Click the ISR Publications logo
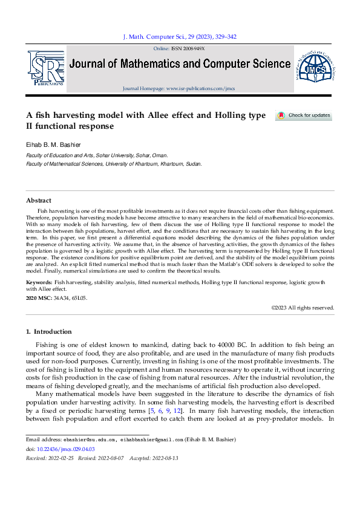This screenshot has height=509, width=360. point(46,68)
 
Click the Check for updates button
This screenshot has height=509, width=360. point(304,115)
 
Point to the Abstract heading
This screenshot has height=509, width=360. point(39,200)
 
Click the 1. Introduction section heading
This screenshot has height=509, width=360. point(49,331)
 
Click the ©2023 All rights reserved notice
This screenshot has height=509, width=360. point(303,308)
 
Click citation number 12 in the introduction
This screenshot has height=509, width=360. point(171,411)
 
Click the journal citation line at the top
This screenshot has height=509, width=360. point(180,37)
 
